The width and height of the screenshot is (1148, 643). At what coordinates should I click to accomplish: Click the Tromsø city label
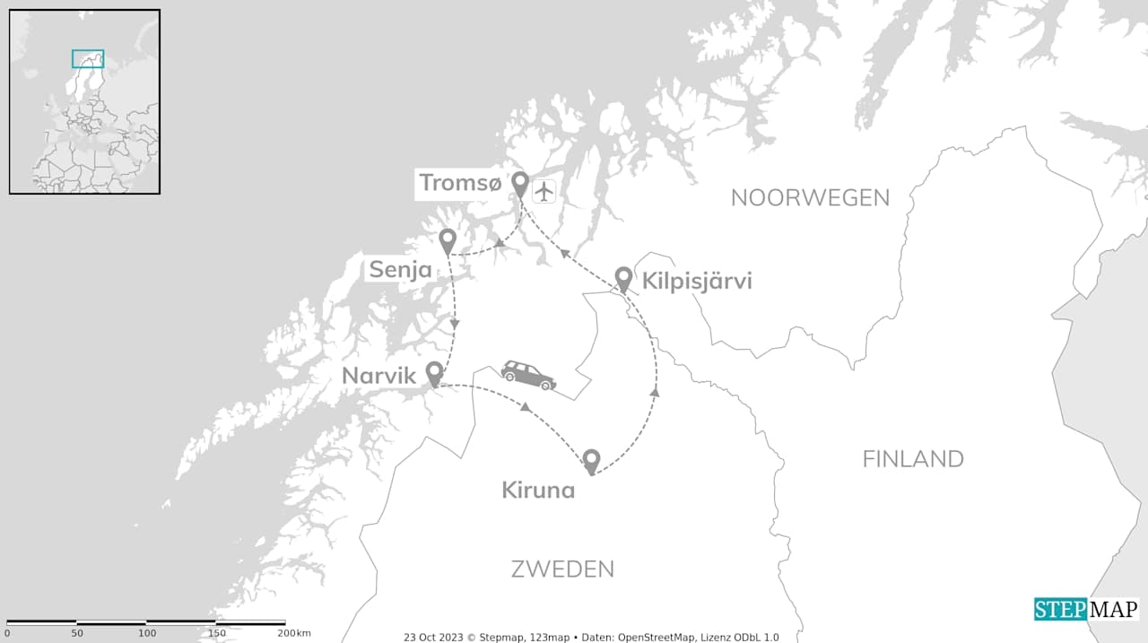(460, 183)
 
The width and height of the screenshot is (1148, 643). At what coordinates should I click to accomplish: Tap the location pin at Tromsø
(519, 184)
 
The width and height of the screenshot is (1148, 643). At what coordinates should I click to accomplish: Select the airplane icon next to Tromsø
(544, 191)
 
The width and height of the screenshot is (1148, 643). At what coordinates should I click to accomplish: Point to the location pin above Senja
(447, 240)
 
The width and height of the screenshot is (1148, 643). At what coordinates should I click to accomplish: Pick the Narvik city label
(378, 376)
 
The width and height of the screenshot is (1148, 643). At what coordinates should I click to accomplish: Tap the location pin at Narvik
(434, 373)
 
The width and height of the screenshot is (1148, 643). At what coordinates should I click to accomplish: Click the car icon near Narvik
(528, 375)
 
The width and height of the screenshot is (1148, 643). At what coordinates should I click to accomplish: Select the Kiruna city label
(538, 491)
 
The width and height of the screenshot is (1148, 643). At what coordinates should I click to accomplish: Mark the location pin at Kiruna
(590, 461)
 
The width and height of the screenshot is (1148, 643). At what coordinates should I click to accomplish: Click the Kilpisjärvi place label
(697, 282)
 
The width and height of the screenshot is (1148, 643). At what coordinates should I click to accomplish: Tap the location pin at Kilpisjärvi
(623, 278)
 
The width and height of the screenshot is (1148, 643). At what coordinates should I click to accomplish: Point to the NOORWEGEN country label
(810, 198)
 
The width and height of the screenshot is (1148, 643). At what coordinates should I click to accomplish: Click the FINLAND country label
(913, 459)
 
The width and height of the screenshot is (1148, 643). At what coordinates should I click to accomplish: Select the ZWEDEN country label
(562, 569)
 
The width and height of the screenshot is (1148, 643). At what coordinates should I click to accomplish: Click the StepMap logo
(1086, 609)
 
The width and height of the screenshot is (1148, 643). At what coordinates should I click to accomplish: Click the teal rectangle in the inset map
(88, 58)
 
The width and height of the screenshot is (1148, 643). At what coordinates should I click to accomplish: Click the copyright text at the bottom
(591, 637)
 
